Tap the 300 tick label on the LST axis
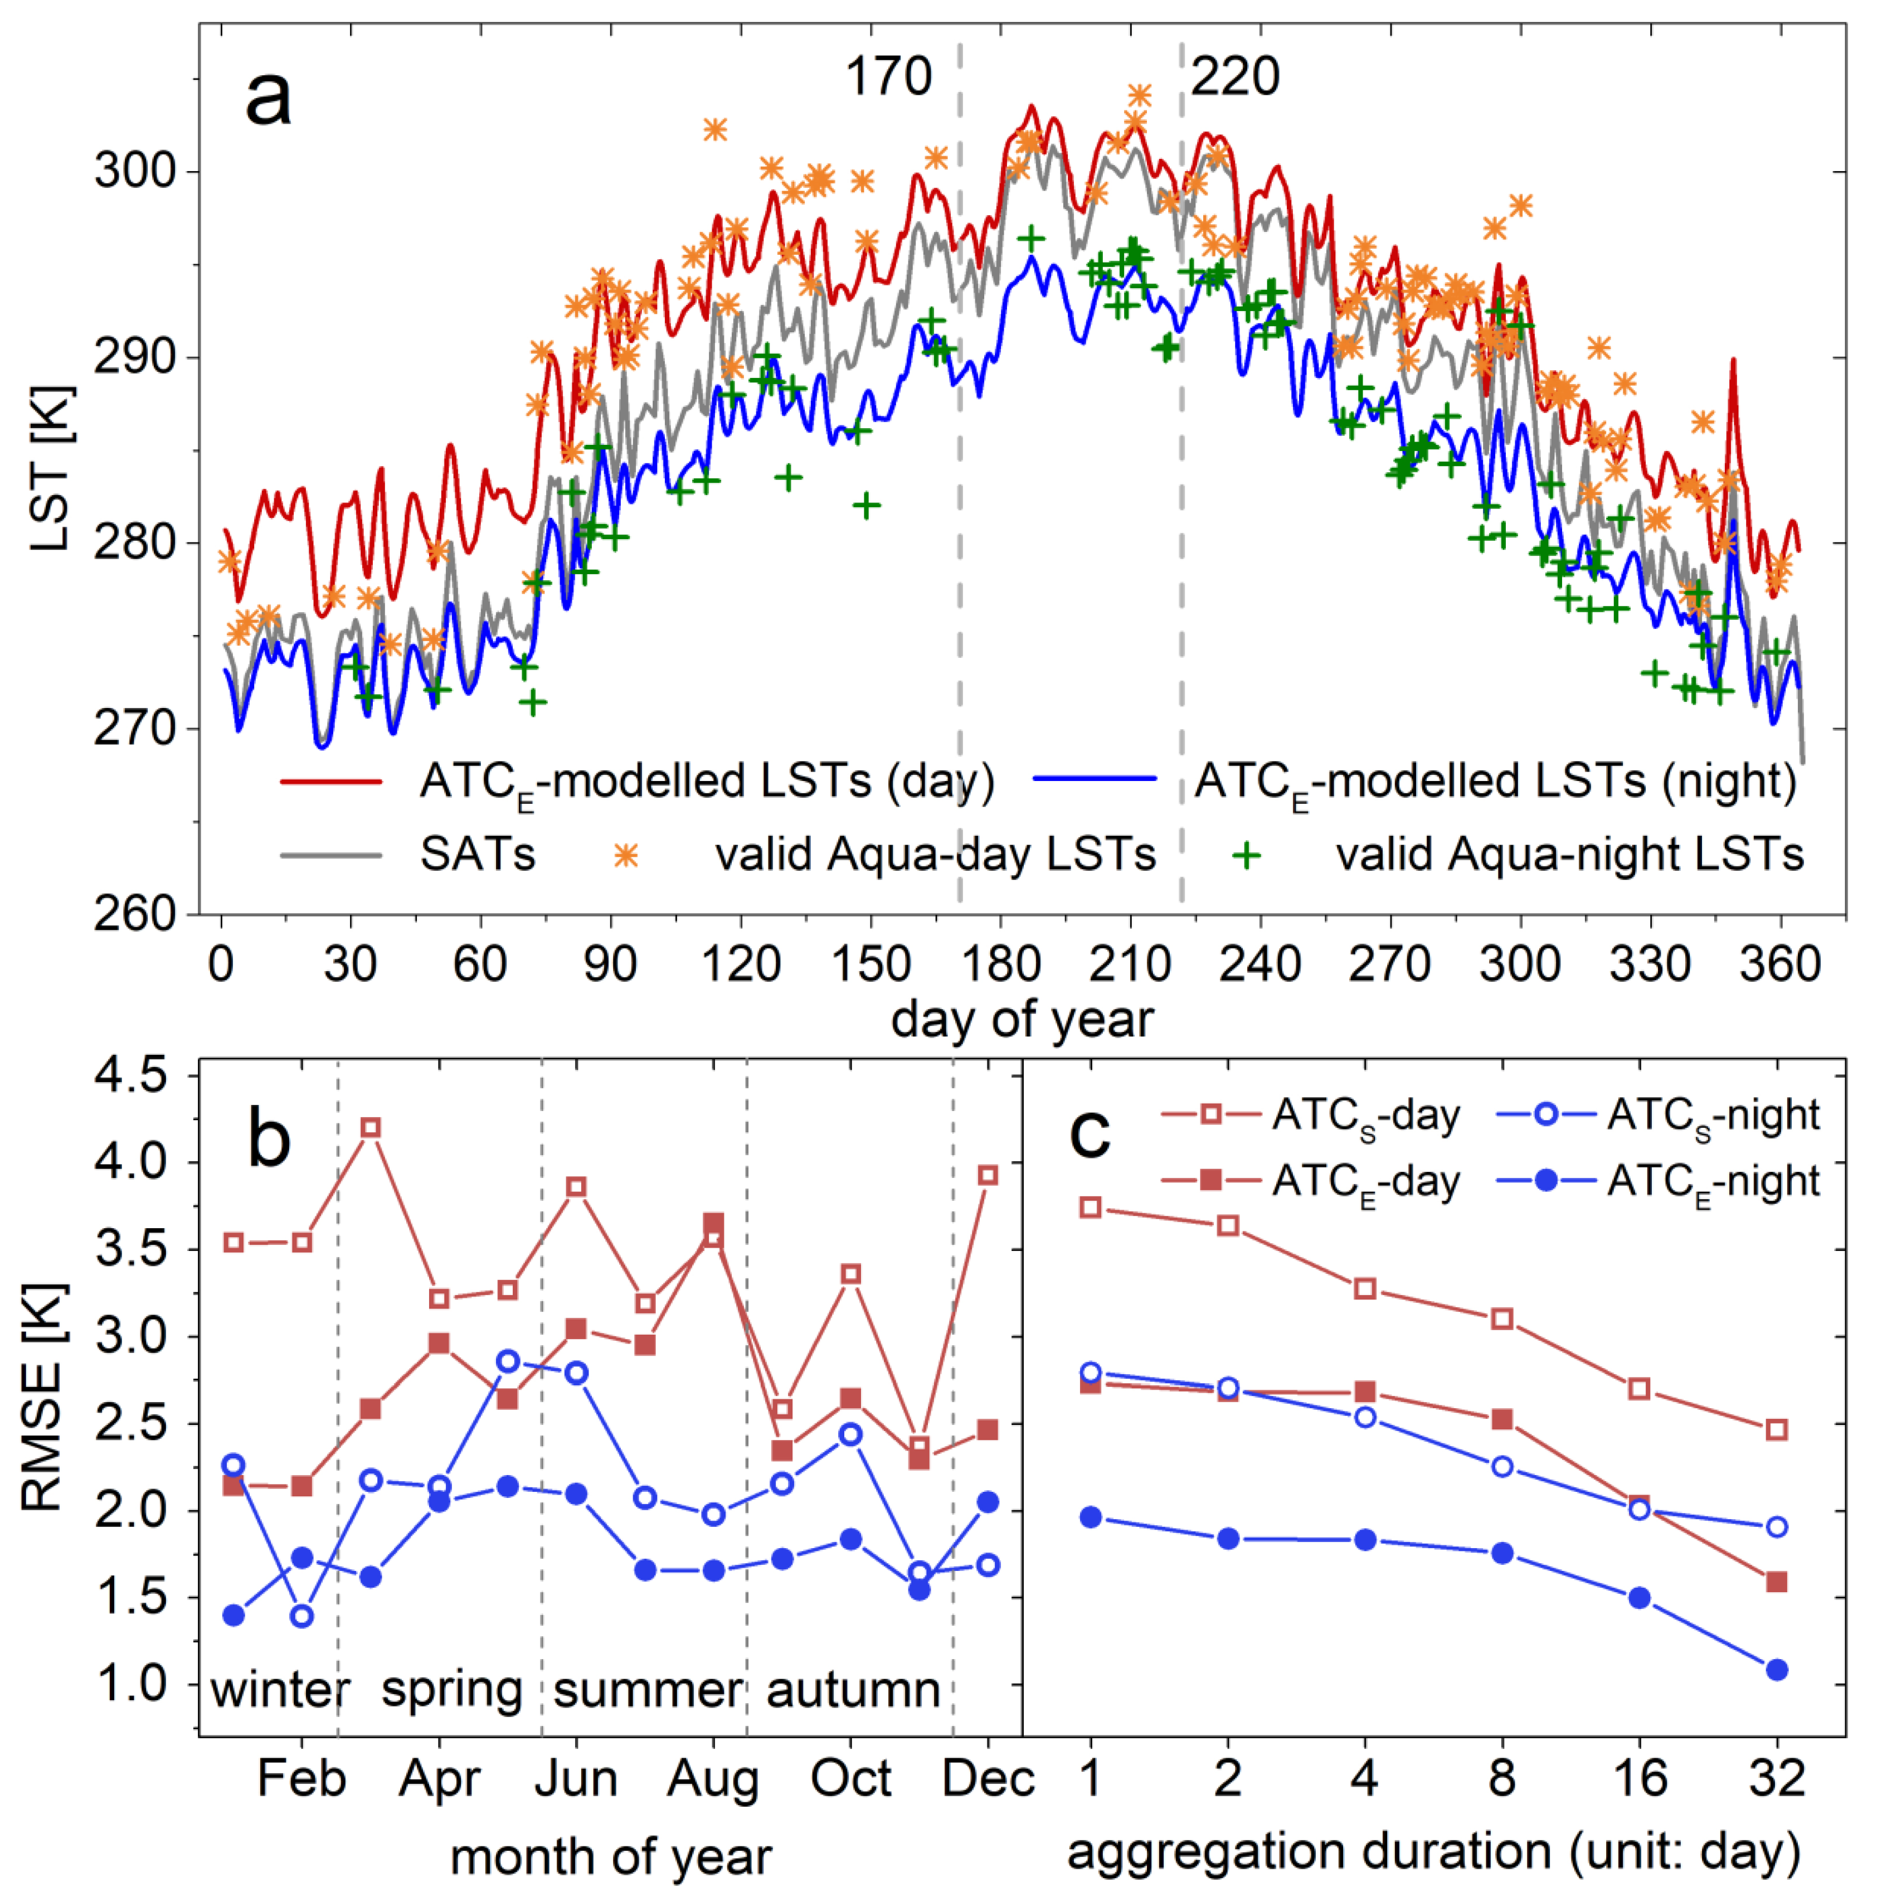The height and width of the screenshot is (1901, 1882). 135,171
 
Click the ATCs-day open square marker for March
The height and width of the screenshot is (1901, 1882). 371,1128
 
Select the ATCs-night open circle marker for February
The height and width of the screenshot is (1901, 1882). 302,1617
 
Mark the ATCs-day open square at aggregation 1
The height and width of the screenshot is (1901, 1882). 1090,1207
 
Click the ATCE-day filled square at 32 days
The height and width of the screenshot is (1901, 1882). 1777,1582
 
